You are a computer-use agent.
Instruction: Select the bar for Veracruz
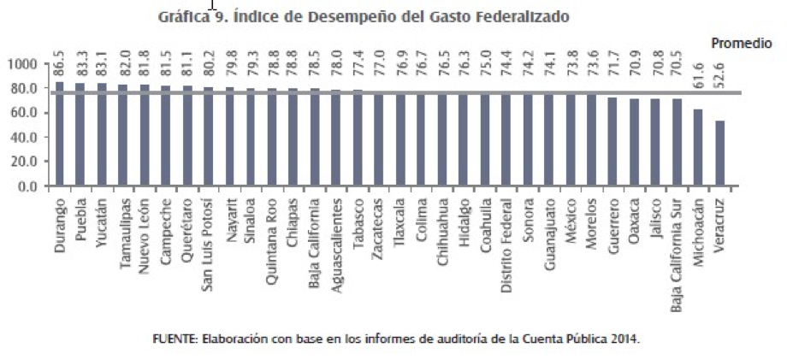tap(719, 153)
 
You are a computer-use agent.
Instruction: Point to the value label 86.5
tap(59, 64)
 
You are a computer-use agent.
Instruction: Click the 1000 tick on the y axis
tap(23, 64)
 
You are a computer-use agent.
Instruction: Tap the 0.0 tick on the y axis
tap(28, 186)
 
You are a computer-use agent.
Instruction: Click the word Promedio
tap(741, 43)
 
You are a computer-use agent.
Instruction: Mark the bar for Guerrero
tap(612, 141)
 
